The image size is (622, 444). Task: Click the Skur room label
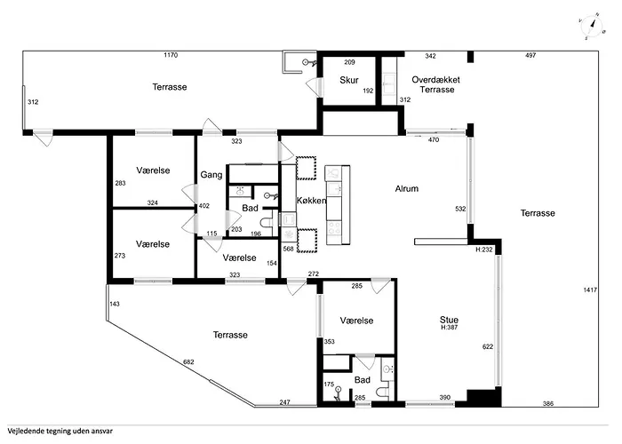coord(348,81)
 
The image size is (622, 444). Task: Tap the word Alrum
coord(407,188)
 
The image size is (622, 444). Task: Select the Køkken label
coord(313,202)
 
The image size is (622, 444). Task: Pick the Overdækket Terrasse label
coord(437,85)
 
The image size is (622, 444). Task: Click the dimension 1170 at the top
coord(171,55)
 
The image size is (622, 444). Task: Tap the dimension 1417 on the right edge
coord(591,290)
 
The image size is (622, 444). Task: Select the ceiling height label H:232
coord(484,250)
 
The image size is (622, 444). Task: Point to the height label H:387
coord(449,329)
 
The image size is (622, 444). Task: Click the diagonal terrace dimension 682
coord(188,362)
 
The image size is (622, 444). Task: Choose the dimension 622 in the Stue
coord(486,345)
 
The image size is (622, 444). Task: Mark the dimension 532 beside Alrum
coord(459,209)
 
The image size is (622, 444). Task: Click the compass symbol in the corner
coord(588,27)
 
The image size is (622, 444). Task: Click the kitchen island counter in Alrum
coord(334,205)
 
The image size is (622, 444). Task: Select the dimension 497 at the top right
coord(530,55)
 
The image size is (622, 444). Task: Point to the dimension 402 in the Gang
coord(203,207)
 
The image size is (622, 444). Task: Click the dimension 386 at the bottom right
coord(548,404)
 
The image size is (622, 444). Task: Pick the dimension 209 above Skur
coord(349,62)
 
